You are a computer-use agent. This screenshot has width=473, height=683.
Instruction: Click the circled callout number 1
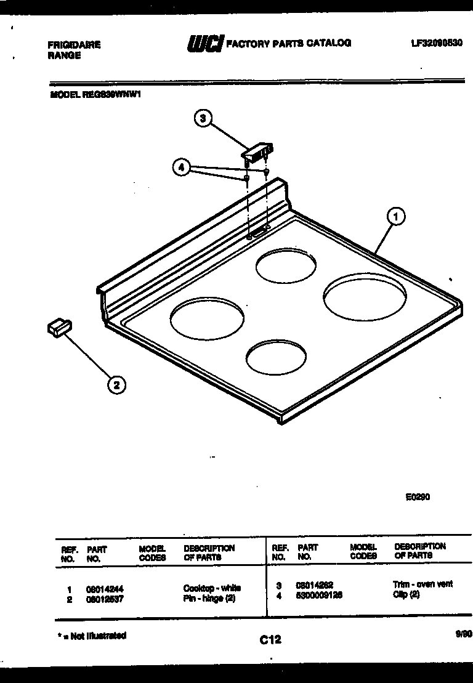pyautogui.click(x=396, y=216)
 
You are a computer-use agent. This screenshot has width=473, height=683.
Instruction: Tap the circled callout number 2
pyautogui.click(x=116, y=386)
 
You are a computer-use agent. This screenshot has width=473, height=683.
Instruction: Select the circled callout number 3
pyautogui.click(x=204, y=118)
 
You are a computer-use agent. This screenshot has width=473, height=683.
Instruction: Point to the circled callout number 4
pyautogui.click(x=180, y=167)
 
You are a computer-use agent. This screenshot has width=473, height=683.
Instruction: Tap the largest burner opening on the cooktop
pyautogui.click(x=365, y=298)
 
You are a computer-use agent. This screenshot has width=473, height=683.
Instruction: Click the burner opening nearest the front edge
pyautogui.click(x=276, y=357)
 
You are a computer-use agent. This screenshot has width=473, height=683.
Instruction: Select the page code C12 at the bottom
pyautogui.click(x=270, y=640)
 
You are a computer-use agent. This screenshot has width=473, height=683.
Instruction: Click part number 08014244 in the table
pyautogui.click(x=106, y=589)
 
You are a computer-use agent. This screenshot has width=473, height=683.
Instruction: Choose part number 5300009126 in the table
pyautogui.click(x=319, y=596)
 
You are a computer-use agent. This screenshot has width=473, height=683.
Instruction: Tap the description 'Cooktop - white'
pyautogui.click(x=212, y=588)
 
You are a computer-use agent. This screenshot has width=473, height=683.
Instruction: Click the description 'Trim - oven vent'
pyautogui.click(x=422, y=584)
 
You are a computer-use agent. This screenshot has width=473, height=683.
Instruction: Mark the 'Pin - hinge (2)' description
pyautogui.click(x=209, y=599)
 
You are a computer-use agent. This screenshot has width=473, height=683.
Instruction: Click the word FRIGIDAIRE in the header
pyautogui.click(x=74, y=45)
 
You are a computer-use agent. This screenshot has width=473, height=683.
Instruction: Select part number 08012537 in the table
pyautogui.click(x=106, y=599)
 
